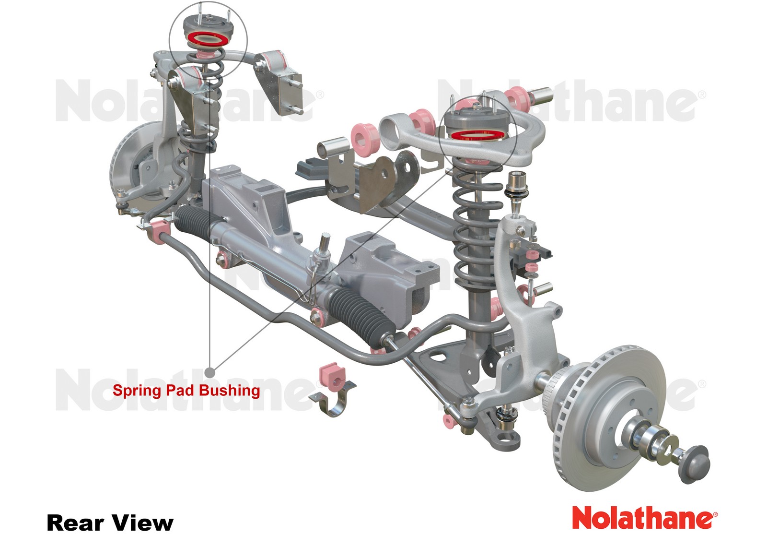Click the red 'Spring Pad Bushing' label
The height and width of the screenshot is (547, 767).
click(186, 391)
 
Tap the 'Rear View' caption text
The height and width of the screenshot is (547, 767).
click(110, 523)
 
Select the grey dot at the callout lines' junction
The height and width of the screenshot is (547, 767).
click(210, 372)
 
